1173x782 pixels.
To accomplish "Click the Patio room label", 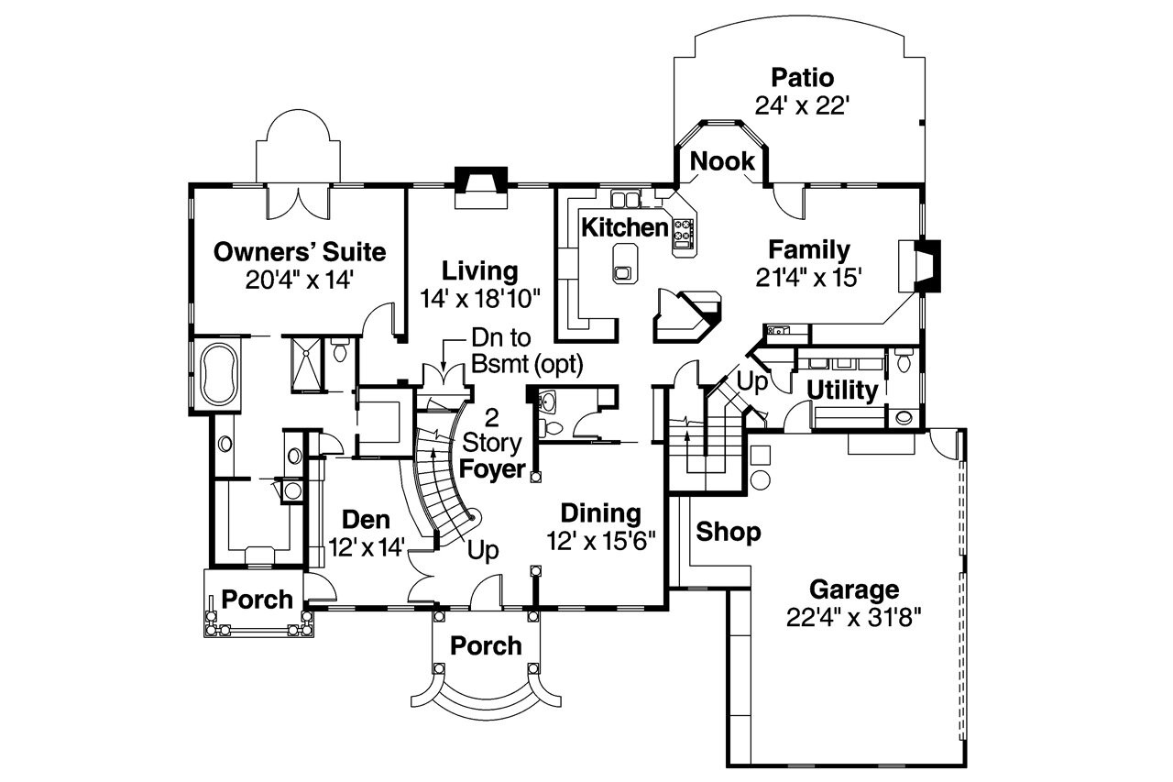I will pyautogui.click(x=802, y=77).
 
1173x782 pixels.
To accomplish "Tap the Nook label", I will pyautogui.click(x=722, y=161).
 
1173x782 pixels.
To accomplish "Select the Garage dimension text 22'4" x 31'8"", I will pyautogui.click(x=852, y=617).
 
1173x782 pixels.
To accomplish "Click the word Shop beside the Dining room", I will pyautogui.click(x=728, y=532).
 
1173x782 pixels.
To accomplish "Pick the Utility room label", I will pyautogui.click(x=842, y=391).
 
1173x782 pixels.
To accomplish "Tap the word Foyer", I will pyautogui.click(x=492, y=470).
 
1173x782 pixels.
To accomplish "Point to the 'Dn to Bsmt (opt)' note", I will pyautogui.click(x=526, y=350).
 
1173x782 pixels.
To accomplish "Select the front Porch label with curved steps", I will pyautogui.click(x=486, y=645).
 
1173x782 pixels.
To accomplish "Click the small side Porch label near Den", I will pyautogui.click(x=258, y=600).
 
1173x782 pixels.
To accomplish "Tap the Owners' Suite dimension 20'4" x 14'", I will pyautogui.click(x=299, y=280).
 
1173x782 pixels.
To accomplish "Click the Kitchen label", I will pyautogui.click(x=625, y=226).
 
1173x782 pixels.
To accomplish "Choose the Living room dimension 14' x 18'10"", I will pyautogui.click(x=481, y=298).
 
